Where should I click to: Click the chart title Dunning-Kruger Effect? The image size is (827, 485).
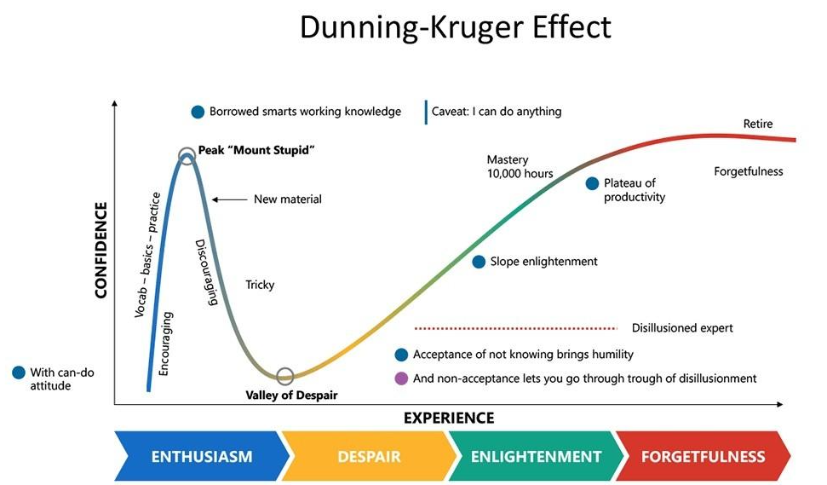coord(456,28)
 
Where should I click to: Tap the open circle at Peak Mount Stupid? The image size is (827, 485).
coord(187,156)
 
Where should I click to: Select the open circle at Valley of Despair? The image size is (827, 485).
coord(285,376)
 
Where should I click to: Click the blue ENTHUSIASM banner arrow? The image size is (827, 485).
coord(201,456)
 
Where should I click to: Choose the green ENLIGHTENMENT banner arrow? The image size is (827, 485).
coord(535,456)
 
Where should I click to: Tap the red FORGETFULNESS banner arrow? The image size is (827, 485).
coord(703,456)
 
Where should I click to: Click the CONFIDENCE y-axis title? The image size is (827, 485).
coord(101,251)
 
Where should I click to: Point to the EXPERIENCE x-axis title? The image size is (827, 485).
coord(448,418)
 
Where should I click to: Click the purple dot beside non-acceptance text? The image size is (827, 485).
coord(401,378)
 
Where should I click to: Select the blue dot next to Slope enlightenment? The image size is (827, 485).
coord(479,262)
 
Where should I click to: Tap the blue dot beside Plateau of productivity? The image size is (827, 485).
coord(592,183)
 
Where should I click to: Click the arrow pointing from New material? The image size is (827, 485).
coord(227,199)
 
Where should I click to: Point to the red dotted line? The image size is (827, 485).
coord(515,327)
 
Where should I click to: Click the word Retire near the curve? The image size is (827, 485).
coord(758,124)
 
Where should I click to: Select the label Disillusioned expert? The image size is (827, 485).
coord(682,328)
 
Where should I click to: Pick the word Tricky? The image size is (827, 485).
coord(260,285)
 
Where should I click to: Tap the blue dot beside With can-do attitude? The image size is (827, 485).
coord(19,372)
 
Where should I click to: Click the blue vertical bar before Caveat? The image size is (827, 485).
coord(425,112)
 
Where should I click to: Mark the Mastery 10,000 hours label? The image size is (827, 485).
coord(520,166)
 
